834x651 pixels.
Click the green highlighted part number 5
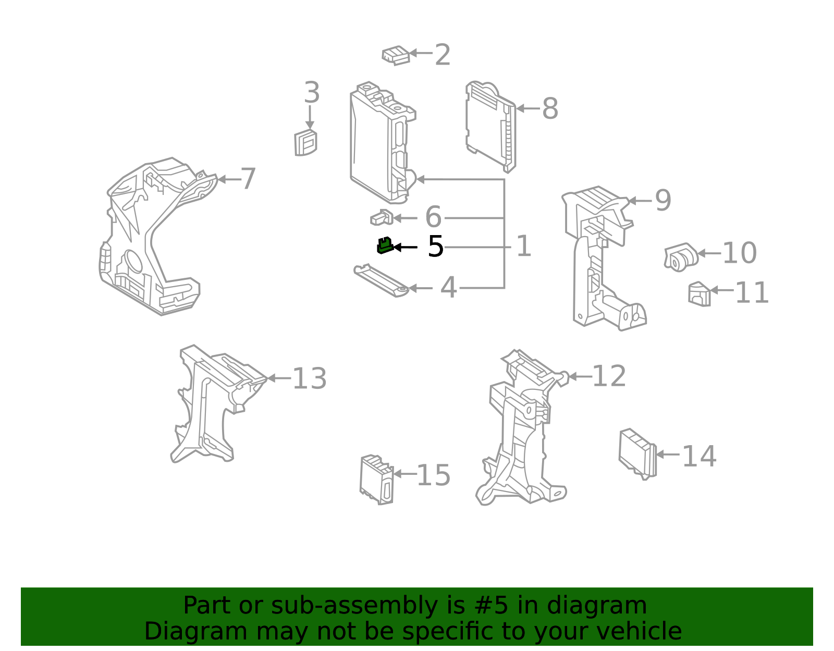(385, 245)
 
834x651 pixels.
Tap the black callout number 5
(435, 247)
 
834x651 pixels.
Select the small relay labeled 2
(396, 55)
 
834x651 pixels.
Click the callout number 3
(311, 93)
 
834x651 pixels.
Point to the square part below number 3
(305, 143)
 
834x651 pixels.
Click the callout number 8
(550, 109)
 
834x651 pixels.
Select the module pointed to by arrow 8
(490, 127)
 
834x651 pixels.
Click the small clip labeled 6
(382, 218)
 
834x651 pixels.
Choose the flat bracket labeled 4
(381, 280)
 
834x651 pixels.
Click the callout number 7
(248, 179)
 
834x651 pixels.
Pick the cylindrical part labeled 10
(681, 257)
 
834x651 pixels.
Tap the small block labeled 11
(699, 294)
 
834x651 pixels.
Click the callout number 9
(663, 201)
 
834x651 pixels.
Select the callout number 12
(609, 376)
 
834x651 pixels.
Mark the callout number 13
(309, 379)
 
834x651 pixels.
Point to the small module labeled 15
(376, 480)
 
